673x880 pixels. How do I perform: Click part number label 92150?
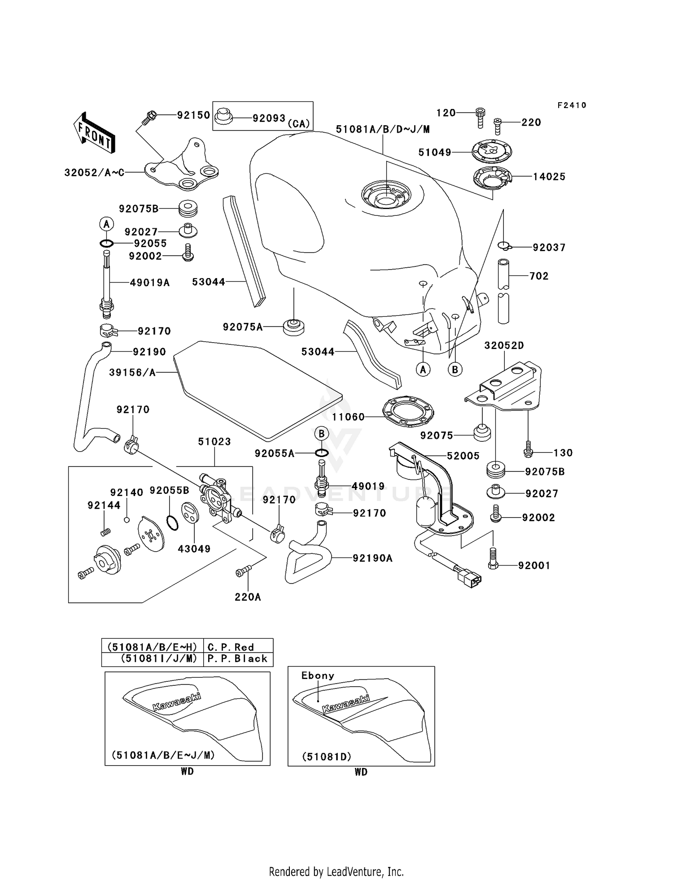click(x=193, y=115)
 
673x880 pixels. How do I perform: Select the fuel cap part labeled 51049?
click(x=492, y=151)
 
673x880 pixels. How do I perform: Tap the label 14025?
click(x=549, y=177)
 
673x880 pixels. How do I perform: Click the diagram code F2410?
click(x=572, y=105)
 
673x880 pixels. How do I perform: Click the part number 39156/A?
click(x=132, y=372)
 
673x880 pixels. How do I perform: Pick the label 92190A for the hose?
click(x=372, y=558)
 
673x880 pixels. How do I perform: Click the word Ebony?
click(x=318, y=675)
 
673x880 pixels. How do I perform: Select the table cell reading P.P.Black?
click(x=237, y=658)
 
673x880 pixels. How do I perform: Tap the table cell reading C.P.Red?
click(x=231, y=647)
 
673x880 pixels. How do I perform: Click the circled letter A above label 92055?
click(x=106, y=224)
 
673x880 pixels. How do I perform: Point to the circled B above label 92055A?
click(x=321, y=434)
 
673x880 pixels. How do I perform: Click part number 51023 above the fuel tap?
click(x=214, y=441)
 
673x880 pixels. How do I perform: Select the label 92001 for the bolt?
click(x=534, y=566)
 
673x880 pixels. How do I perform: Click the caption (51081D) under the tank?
click(x=326, y=757)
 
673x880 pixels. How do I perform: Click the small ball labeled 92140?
click(x=127, y=520)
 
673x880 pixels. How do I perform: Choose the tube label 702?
click(x=539, y=276)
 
